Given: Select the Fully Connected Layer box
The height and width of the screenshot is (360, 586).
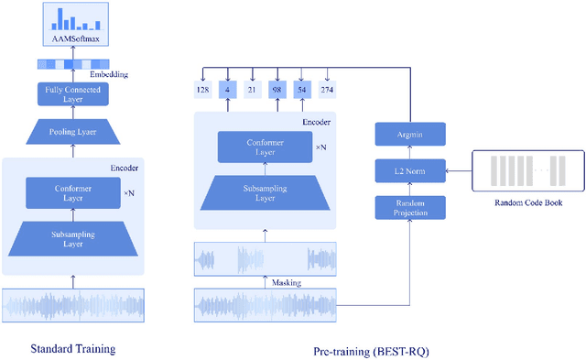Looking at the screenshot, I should (x=72, y=93).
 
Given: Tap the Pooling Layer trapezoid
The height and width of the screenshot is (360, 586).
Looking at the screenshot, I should (x=72, y=132).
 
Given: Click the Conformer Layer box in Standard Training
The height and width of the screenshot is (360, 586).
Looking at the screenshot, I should (x=72, y=192).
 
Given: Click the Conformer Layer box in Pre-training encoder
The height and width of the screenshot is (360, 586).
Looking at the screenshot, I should (x=263, y=147).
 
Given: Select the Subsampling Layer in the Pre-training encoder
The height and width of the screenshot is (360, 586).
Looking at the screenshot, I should (x=263, y=191).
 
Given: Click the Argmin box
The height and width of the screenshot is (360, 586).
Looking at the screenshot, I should (x=409, y=136).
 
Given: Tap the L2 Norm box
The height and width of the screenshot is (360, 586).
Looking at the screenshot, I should (x=409, y=170).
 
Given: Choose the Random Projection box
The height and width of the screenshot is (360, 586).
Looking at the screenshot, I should (x=409, y=206).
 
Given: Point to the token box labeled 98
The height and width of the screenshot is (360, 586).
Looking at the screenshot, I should (x=277, y=90).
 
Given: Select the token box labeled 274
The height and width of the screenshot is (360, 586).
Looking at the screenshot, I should (x=327, y=90).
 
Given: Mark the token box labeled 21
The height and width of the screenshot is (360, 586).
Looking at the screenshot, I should (x=252, y=90).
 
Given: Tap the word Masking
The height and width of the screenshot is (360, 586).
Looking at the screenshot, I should (x=286, y=283).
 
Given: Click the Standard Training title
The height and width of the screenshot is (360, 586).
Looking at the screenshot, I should (x=73, y=348).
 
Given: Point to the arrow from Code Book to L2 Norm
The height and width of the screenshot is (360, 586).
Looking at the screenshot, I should (x=458, y=170).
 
